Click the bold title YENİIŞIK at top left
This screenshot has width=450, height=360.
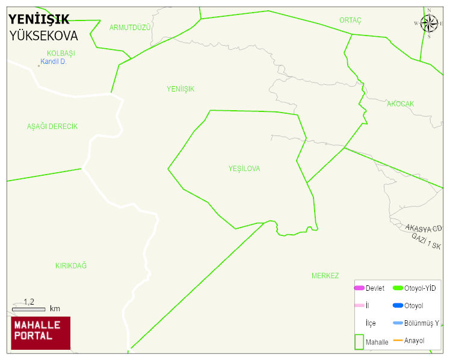[x=39, y=19]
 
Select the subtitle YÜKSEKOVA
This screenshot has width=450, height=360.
[x=43, y=36]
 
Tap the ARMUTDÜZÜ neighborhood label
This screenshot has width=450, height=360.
[x=130, y=28]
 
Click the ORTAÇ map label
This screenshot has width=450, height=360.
[x=350, y=20]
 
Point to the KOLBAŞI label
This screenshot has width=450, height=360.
[x=61, y=53]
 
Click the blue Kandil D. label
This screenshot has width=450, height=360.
[x=54, y=61]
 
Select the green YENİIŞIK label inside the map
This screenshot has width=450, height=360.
[x=180, y=89]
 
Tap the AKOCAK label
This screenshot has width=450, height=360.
[x=400, y=104]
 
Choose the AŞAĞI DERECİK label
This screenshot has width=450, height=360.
[x=52, y=126]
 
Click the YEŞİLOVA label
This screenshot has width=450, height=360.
[x=244, y=169]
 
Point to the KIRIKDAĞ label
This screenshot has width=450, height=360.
[x=71, y=265]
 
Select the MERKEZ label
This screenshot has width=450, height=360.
[x=325, y=276]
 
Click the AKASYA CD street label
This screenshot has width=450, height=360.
[x=424, y=228]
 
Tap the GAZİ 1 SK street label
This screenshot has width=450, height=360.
[x=426, y=241]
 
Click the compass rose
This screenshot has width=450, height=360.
[x=429, y=23]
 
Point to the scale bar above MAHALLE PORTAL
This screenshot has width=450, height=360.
[x=28, y=309]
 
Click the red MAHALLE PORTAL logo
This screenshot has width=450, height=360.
[x=40, y=333]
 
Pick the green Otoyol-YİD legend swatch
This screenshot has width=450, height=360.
[x=398, y=288]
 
